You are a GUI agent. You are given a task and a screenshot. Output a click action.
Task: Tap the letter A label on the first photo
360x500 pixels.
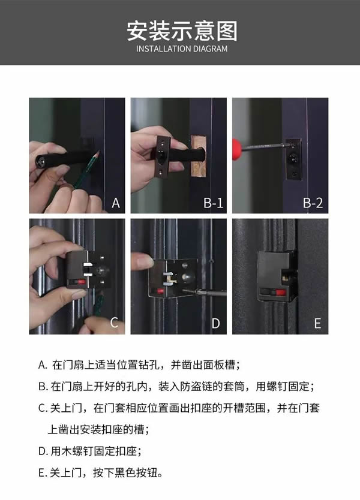[116, 203]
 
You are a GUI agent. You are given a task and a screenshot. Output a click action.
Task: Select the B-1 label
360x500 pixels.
[213, 203]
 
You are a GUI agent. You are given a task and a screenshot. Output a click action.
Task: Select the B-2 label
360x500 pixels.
[313, 203]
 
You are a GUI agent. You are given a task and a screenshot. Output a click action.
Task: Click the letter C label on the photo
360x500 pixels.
[114, 323]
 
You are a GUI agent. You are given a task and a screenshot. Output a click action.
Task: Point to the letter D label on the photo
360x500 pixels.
[216, 323]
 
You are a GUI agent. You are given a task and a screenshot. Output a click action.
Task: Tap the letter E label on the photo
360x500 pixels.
[317, 323]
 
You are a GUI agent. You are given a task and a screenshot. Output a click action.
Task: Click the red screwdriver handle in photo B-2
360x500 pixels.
[240, 146]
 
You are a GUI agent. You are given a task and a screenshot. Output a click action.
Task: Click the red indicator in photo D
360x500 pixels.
[178, 291]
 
